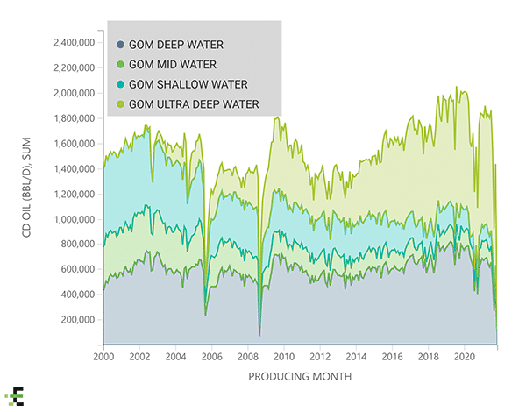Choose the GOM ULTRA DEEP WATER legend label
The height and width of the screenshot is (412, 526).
(193, 105)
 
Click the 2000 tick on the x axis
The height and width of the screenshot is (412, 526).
(103, 357)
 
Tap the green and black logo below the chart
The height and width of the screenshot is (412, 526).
(14, 394)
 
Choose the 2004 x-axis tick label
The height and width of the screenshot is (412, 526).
(175, 357)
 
